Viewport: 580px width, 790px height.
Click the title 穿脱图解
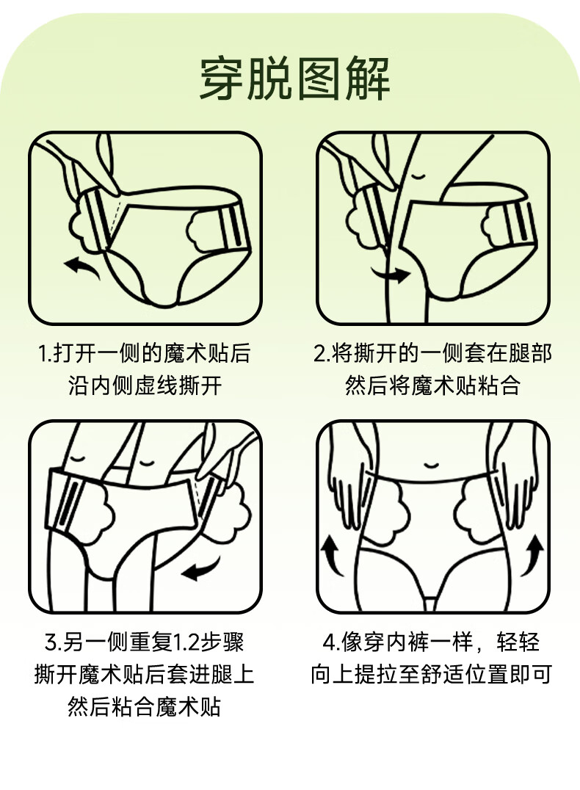click(x=295, y=79)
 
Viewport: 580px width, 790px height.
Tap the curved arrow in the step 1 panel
click(x=81, y=266)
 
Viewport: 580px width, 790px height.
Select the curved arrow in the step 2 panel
click(x=391, y=273)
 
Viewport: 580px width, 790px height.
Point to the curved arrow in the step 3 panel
click(x=202, y=569)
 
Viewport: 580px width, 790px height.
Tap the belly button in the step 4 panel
click(x=431, y=465)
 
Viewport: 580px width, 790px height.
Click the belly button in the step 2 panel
click(x=418, y=175)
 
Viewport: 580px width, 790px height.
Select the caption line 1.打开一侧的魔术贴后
click(x=144, y=353)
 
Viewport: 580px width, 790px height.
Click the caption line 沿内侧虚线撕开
click(x=145, y=386)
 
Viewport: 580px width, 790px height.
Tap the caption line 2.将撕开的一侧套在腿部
click(x=432, y=353)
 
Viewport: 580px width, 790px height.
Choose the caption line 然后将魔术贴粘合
click(x=432, y=386)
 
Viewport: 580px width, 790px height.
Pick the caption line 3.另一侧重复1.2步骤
click(x=144, y=642)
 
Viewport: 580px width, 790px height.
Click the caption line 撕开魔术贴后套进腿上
click(x=144, y=674)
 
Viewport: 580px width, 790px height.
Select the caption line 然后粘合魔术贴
click(x=144, y=706)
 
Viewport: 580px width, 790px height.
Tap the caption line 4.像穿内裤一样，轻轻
click(x=432, y=642)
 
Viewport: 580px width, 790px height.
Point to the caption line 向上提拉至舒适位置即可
click(x=432, y=674)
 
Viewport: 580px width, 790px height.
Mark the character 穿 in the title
click(x=222, y=79)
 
